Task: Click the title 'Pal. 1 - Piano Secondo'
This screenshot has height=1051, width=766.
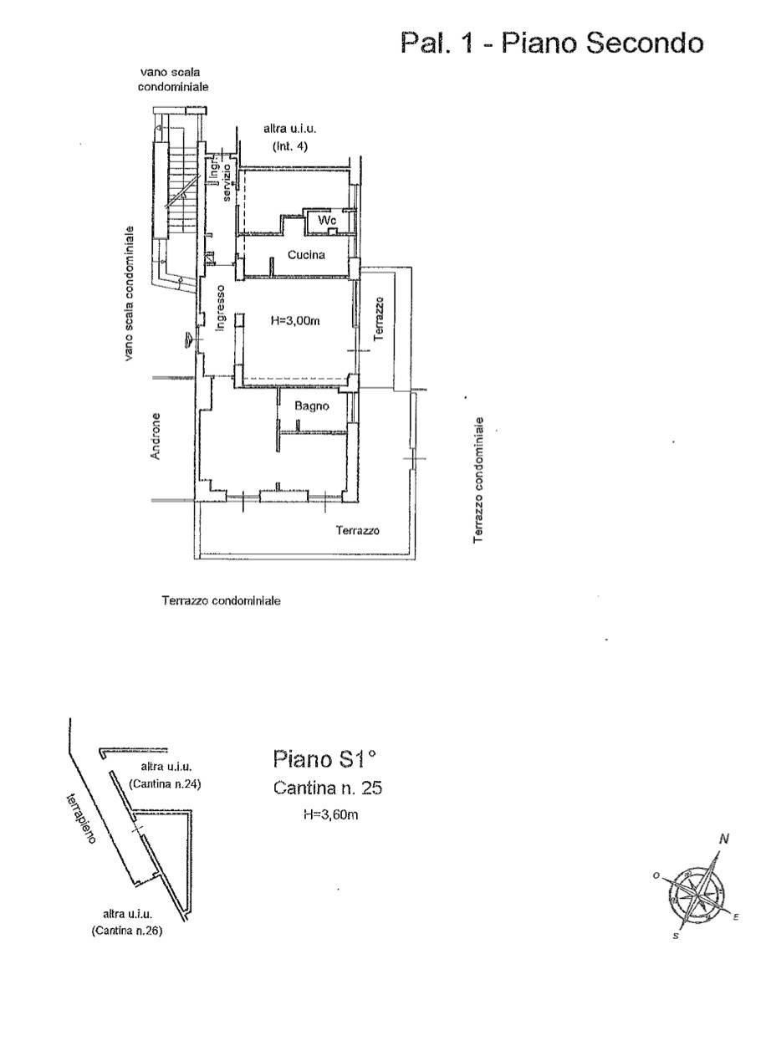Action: (552, 43)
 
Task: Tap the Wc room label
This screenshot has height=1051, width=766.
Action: (327, 220)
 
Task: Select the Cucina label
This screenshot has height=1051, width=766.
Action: (306, 255)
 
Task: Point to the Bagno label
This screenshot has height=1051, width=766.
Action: (312, 406)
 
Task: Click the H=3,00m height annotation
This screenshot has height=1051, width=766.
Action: (295, 321)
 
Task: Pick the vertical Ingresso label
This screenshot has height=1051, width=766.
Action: (220, 308)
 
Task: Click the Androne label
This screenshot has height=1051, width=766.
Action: (156, 436)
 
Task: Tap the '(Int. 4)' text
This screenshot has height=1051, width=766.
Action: (290, 146)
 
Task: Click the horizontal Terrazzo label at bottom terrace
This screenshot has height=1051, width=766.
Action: (358, 531)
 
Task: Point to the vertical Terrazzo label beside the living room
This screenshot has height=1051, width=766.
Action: (379, 319)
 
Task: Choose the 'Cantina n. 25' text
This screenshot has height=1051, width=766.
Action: (328, 788)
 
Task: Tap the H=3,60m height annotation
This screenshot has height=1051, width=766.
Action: (331, 814)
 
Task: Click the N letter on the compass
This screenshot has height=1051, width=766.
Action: (724, 839)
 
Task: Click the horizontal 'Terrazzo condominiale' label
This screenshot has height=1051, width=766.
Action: (221, 600)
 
